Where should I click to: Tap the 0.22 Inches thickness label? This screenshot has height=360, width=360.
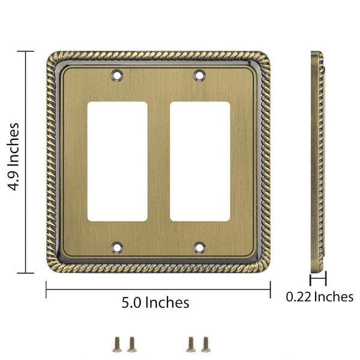319,296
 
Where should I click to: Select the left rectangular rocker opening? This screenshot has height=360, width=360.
118,161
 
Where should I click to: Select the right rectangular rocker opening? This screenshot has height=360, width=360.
200,161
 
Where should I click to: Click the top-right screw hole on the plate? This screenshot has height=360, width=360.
200,75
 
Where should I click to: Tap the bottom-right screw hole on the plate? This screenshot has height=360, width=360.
200,246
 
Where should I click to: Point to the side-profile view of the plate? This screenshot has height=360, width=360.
317,162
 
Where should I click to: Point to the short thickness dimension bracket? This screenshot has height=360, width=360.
317,279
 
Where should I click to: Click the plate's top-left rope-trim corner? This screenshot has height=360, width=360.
52,58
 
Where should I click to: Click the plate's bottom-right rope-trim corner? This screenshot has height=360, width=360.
264,266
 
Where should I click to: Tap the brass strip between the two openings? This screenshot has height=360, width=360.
158,161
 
